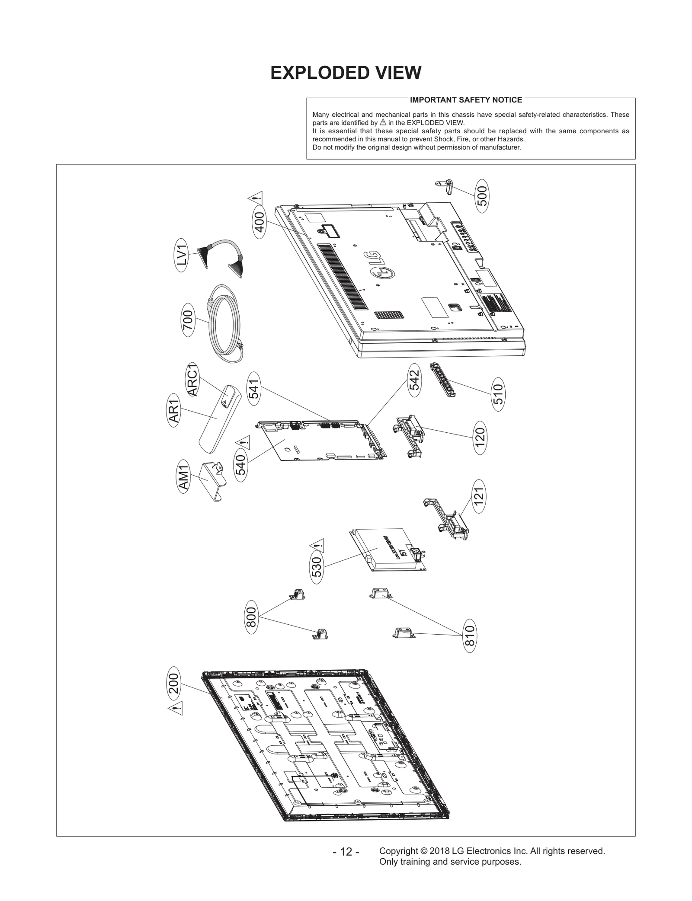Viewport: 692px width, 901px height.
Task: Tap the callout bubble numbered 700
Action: click(188, 320)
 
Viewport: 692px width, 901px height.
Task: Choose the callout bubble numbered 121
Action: click(478, 496)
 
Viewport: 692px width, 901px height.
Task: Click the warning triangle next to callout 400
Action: click(255, 198)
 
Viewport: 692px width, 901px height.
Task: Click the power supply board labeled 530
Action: click(387, 550)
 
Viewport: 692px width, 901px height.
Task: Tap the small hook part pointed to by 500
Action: click(445, 186)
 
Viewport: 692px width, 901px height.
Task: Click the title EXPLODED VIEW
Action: click(346, 73)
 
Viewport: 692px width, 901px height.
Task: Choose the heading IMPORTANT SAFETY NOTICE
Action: click(466, 100)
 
